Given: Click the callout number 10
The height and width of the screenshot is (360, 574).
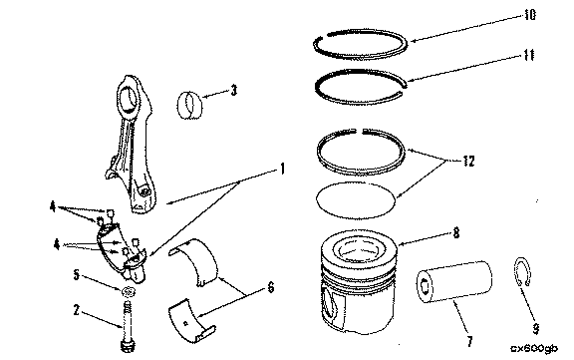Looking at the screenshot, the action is (530, 15).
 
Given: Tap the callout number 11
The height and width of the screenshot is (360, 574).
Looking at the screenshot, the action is (528, 55).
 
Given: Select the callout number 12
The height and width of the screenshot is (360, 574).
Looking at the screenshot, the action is (468, 162).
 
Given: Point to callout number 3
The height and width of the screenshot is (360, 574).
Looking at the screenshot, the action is (234, 90).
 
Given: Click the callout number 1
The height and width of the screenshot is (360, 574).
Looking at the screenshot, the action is (282, 169).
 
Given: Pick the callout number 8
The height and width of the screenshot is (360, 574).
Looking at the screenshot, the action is (456, 233).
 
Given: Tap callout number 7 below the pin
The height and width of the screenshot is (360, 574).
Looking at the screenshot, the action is (469, 341).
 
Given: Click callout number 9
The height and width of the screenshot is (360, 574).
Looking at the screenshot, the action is (535, 328).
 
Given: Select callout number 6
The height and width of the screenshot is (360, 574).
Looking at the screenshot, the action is (270, 287).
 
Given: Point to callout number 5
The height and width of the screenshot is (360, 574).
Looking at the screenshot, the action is (76, 274).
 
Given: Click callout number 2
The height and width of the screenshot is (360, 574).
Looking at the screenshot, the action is (76, 310).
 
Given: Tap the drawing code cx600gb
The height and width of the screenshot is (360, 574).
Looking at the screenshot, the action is (535, 349).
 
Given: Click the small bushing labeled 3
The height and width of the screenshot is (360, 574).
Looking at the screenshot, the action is (189, 105).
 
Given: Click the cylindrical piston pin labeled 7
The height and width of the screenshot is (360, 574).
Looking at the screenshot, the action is (454, 281).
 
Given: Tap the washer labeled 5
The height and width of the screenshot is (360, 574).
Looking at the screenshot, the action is (129, 291).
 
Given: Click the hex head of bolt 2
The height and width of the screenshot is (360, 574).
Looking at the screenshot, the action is (128, 346).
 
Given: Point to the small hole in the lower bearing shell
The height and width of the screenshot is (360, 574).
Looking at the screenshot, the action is (186, 323).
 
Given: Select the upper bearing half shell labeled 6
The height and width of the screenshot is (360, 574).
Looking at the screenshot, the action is (194, 260).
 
